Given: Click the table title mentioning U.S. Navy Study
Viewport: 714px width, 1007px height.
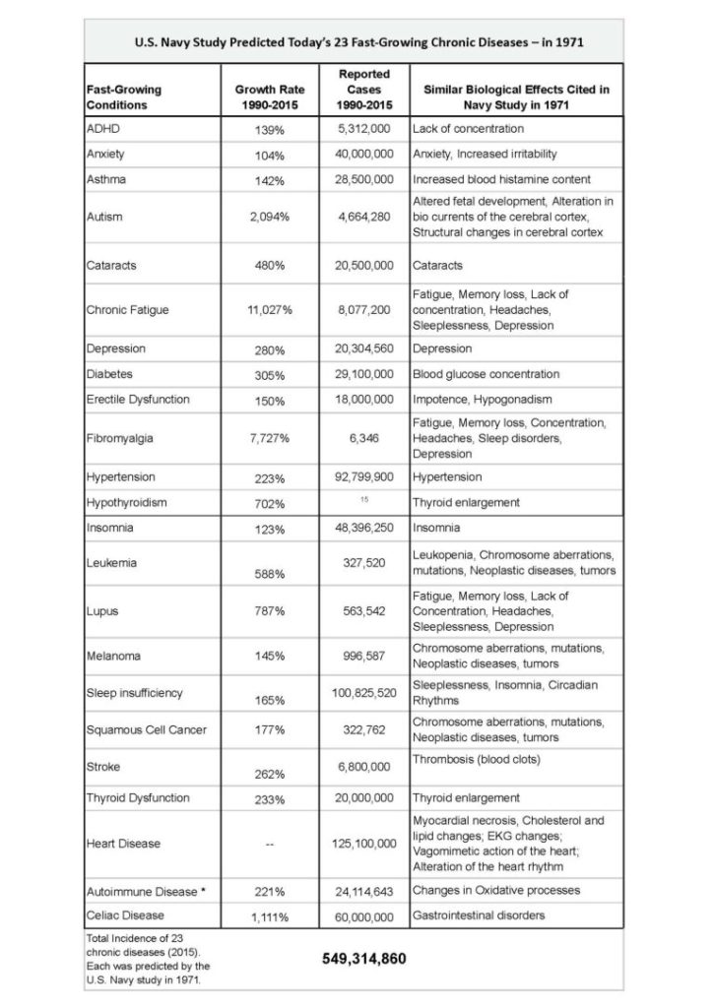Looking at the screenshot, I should pyautogui.click(x=357, y=42).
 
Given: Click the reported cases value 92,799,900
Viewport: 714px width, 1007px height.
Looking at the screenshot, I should pyautogui.click(x=363, y=476).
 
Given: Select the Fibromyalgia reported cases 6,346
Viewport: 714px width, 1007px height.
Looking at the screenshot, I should pyautogui.click(x=363, y=437).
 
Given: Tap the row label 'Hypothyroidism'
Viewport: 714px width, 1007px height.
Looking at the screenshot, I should pyautogui.click(x=127, y=502).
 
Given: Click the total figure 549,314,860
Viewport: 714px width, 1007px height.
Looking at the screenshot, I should pyautogui.click(x=363, y=958).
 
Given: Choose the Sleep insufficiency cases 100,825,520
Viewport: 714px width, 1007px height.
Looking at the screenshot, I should pyautogui.click(x=363, y=693).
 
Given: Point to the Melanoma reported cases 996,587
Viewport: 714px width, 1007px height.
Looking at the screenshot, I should pyautogui.click(x=363, y=656).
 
